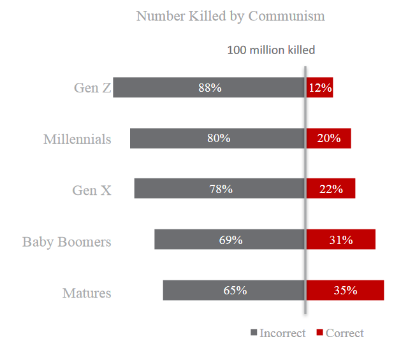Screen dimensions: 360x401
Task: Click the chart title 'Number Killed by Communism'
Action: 230,16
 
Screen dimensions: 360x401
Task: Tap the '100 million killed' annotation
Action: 271,50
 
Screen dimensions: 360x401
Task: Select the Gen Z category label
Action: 92,88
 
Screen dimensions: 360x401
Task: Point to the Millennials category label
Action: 77,139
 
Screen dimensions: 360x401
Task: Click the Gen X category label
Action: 92,190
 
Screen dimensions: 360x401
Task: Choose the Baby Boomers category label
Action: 67,242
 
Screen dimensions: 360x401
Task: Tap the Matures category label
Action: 87,293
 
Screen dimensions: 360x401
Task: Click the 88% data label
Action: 210,88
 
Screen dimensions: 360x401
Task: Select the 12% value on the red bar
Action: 320,88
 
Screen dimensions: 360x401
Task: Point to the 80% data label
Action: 219,138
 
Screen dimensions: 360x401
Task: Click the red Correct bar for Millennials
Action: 329,138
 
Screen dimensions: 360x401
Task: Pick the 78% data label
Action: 221,189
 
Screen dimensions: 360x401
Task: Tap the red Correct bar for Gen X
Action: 331,189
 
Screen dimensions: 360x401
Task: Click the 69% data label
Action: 231,240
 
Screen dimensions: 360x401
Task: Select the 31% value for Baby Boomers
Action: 341,240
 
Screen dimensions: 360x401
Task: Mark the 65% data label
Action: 235,290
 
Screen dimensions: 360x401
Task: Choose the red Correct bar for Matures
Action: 345,290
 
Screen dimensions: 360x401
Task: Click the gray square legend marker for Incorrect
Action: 254,333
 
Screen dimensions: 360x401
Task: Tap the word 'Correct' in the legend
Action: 345,333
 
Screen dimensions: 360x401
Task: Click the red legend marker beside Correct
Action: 320,333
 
